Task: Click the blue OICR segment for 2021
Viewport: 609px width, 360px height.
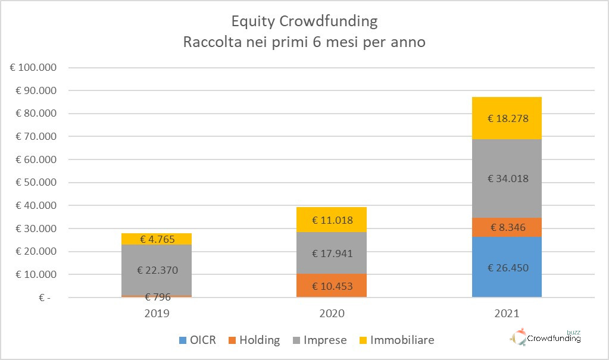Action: click(507, 267)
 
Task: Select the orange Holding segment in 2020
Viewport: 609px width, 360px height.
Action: click(332, 286)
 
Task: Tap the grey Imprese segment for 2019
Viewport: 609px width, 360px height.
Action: click(157, 270)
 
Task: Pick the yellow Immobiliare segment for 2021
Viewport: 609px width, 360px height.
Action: click(507, 118)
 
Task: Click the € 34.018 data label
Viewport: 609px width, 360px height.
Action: click(507, 179)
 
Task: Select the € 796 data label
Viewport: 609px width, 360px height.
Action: click(157, 298)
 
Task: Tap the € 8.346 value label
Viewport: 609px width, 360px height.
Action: click(507, 227)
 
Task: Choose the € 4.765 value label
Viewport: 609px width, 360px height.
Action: click(157, 240)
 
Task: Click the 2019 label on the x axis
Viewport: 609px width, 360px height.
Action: click(157, 313)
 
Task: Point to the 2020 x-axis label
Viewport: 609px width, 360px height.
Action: click(332, 313)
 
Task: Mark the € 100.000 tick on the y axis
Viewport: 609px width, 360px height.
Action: click(33, 67)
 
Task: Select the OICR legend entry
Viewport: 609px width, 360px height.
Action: click(198, 340)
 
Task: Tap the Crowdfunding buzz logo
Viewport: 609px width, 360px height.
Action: click(545, 337)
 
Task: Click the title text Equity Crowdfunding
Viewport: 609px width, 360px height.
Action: click(304, 21)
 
